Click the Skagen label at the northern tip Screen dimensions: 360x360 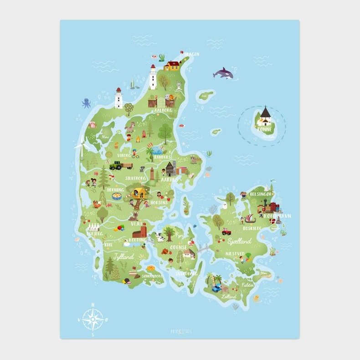point(192,54)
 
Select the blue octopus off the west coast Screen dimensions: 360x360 point(86,103)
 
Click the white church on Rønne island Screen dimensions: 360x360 point(264,117)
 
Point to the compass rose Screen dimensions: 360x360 point(93,319)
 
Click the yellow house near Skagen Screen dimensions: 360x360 point(172,65)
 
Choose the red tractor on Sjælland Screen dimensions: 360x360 point(226,231)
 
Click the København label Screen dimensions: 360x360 point(277,216)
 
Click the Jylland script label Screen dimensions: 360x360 point(123,257)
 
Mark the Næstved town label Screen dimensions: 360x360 point(235,253)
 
